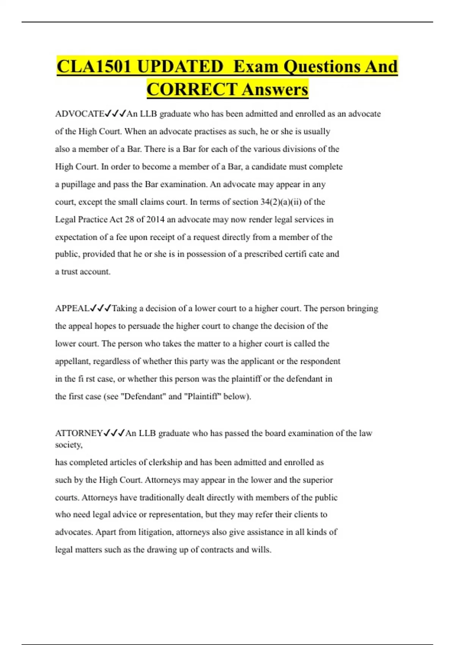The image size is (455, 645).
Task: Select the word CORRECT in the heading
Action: point(192,90)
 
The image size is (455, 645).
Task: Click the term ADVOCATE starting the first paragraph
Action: point(80,114)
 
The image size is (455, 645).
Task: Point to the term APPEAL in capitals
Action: point(72,308)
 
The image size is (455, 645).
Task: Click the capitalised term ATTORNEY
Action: point(79,433)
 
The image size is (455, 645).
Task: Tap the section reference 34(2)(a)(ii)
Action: point(281,202)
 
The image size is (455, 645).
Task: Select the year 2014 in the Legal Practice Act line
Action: point(155,220)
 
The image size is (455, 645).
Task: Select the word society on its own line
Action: point(68,445)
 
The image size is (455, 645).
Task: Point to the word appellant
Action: point(72,362)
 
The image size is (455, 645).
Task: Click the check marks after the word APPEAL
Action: point(101,308)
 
